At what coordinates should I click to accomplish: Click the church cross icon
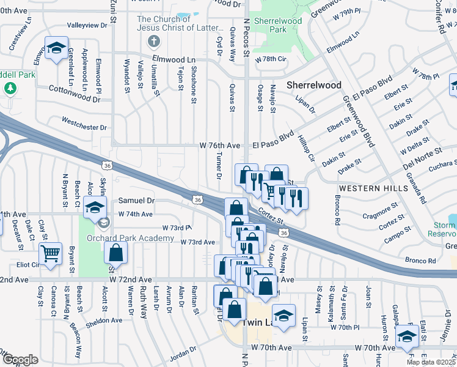[x=154, y=42]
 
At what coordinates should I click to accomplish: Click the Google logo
[x=20, y=360]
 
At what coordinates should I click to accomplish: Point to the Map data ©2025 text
[x=430, y=362]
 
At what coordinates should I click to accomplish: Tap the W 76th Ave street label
[x=220, y=146]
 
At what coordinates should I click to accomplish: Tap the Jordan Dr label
[x=184, y=354]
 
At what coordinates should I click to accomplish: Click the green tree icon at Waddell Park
[x=10, y=88]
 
